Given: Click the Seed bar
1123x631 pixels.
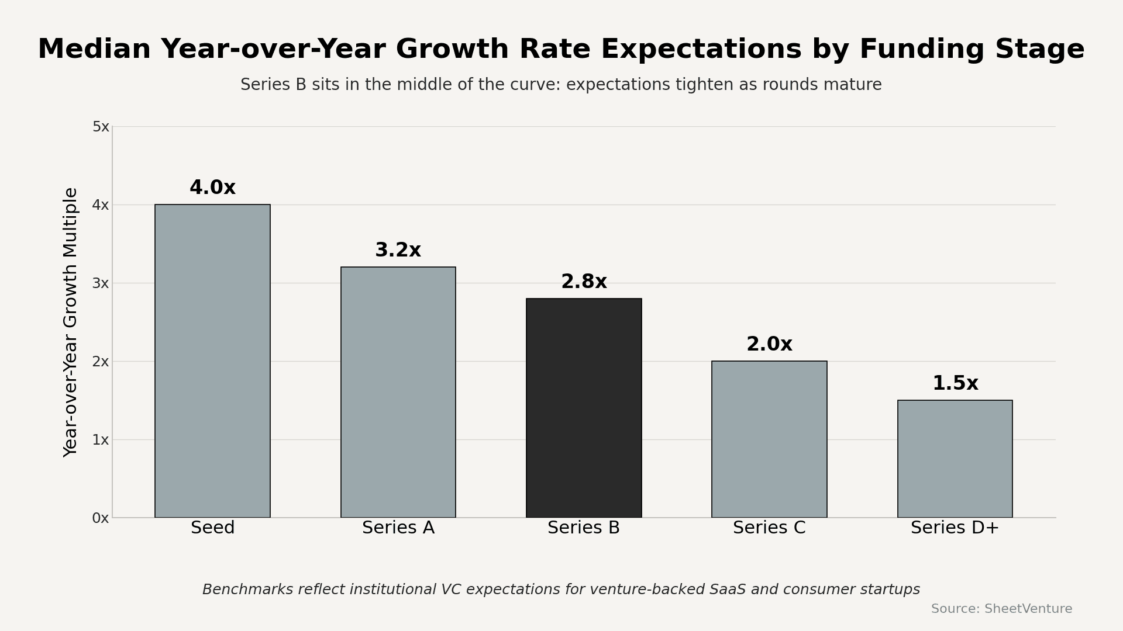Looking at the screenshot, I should click(x=212, y=361).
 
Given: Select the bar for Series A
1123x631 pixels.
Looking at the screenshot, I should click(x=398, y=392).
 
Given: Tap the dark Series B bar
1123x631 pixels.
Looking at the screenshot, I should click(x=584, y=408).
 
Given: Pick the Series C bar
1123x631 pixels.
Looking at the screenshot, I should click(x=769, y=439).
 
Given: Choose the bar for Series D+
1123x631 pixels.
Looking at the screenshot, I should click(x=955, y=459).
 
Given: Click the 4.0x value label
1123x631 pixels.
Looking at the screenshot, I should click(x=212, y=188).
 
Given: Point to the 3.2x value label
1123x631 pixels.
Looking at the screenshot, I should click(x=398, y=251).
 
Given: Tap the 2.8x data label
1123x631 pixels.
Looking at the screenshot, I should click(x=584, y=282).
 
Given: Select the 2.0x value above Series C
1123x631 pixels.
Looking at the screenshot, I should click(x=769, y=345).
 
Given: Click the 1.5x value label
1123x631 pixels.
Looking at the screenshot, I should click(x=955, y=384).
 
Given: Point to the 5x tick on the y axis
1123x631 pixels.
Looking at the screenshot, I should click(x=101, y=127).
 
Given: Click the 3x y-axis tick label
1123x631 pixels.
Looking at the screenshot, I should click(x=101, y=283).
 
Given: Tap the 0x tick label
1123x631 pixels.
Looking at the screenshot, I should click(x=101, y=518).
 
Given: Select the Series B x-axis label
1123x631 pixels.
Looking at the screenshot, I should click(x=584, y=528).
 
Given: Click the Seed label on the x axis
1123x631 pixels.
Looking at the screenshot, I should click(x=212, y=528).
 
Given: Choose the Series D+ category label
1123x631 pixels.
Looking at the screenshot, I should click(x=955, y=528).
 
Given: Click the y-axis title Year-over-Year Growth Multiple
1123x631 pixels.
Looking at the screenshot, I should click(x=71, y=322).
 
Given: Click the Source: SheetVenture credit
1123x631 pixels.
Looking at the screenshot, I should click(x=1001, y=609).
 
